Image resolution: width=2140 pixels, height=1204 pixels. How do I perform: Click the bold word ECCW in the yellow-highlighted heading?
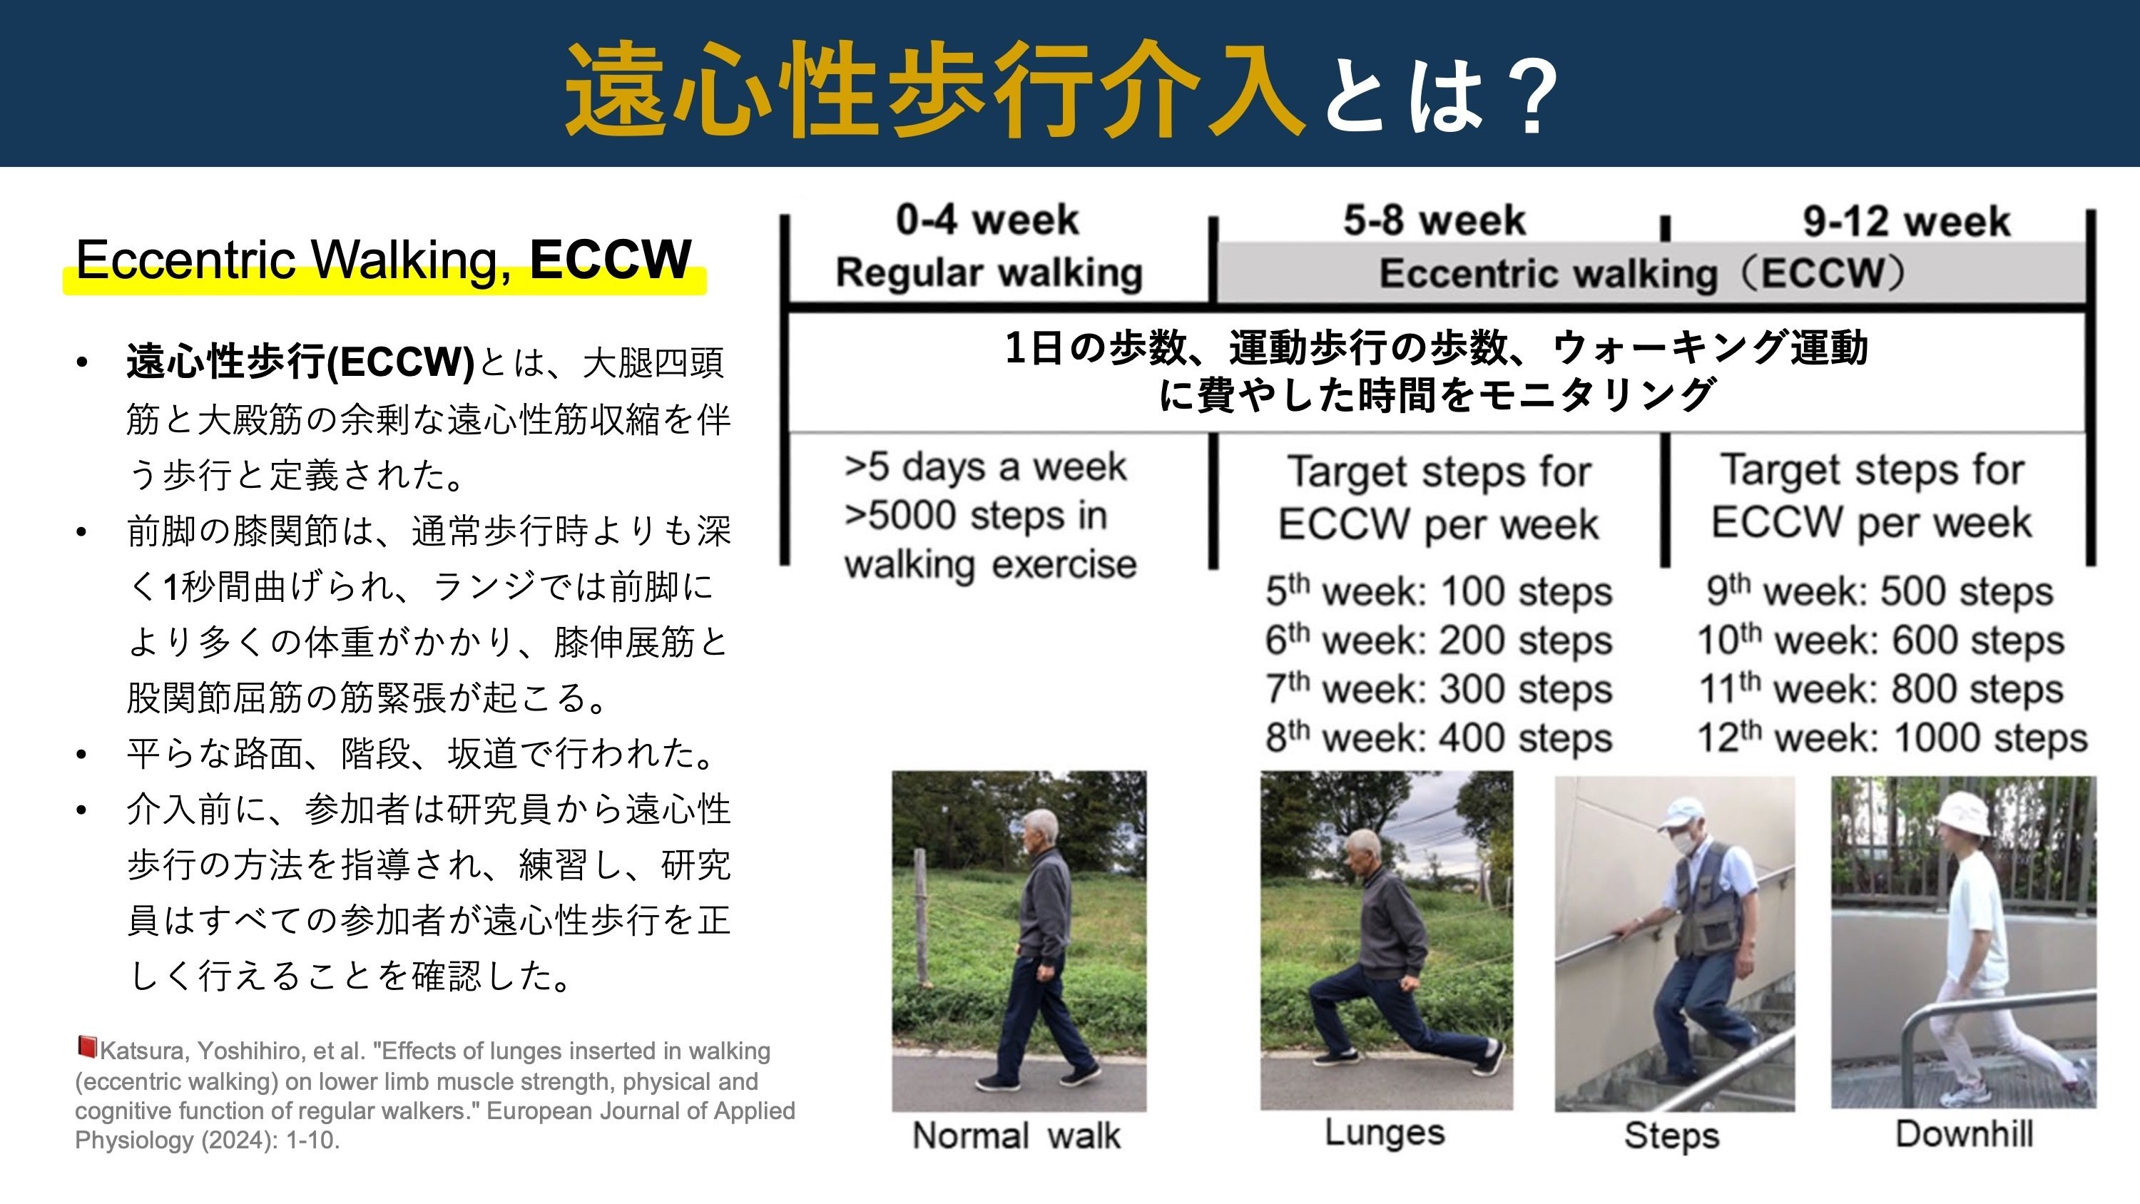point(611,258)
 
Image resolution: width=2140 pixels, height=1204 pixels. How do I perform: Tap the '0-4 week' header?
point(987,220)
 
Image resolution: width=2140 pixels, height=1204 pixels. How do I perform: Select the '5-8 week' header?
point(1435,220)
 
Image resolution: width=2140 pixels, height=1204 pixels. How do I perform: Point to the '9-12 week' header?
point(1907,222)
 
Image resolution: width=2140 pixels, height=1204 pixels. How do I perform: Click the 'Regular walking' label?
point(989,272)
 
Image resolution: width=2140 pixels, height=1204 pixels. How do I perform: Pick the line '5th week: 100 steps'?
point(1439,591)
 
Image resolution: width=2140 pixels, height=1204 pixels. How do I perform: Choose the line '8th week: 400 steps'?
point(1439,737)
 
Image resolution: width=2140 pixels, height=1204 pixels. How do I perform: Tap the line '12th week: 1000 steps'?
point(1892,737)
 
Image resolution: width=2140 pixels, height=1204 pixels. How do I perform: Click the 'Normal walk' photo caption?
point(1016,1135)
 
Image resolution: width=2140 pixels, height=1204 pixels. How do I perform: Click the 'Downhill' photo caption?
point(1965,1134)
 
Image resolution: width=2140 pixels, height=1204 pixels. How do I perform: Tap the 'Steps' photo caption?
point(1671,1136)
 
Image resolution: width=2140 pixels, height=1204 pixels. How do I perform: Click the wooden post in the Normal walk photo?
point(919,918)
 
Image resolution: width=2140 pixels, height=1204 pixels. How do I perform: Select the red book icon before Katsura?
point(86,1046)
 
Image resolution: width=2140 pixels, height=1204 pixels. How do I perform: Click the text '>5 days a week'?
point(985,467)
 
